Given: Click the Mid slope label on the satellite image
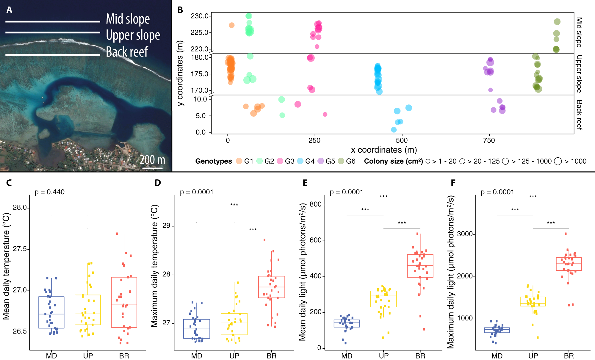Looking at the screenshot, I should coord(128,19).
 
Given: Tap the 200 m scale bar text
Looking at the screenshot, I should coord(152,160).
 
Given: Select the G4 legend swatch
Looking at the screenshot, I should coord(300,161).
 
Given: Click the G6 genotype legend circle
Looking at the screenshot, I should coord(341,161).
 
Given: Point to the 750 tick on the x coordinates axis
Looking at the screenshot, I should coord(489,140).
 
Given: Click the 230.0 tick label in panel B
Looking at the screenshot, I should coord(200,16).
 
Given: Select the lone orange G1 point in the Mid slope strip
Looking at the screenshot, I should coord(232,25).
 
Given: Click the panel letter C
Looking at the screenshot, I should coord(9,182).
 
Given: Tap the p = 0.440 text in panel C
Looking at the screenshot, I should coord(50,192).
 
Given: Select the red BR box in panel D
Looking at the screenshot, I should coord(271,287).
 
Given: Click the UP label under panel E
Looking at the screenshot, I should coord(383,356).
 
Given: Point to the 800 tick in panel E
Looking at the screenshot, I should coord(315,204).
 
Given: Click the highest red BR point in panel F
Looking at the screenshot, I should coord(566,234).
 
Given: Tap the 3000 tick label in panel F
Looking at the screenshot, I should coord(465,234).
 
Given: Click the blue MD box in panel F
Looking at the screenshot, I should coord(497,330).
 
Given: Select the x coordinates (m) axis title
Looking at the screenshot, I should coord(384,150).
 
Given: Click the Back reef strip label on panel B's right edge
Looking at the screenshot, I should coord(579,115).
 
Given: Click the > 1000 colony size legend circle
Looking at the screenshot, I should coord(558,161).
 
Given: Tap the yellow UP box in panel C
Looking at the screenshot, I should coord(88,310).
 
